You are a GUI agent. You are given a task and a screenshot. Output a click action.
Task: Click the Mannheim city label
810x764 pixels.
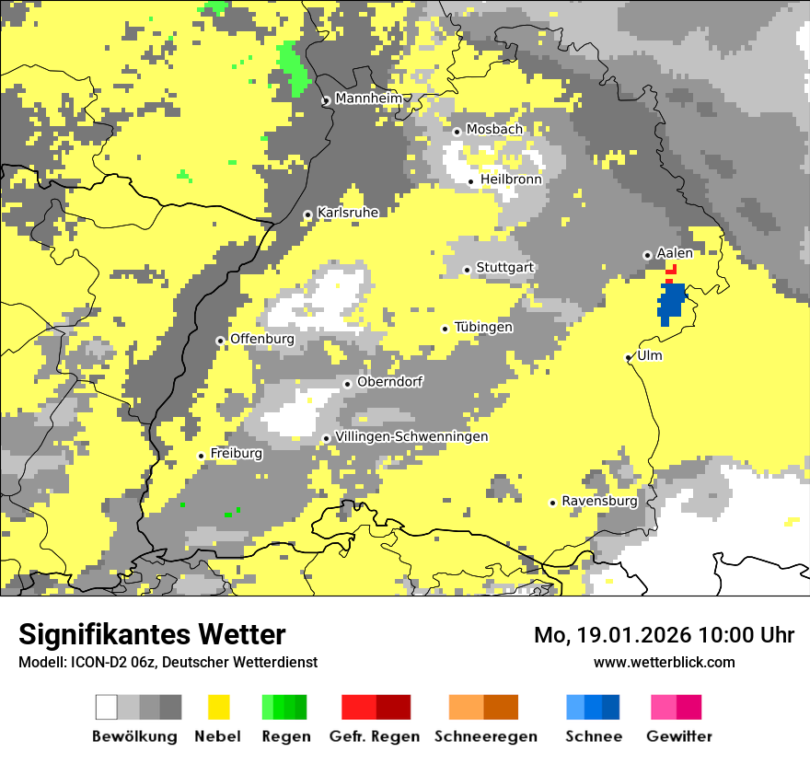tap(368, 98)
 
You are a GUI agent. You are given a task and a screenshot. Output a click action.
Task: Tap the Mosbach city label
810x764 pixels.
tap(494, 130)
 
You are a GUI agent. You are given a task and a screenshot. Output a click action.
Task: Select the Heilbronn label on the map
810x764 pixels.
tap(511, 179)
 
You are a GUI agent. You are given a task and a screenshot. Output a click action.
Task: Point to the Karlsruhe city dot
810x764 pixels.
tap(308, 215)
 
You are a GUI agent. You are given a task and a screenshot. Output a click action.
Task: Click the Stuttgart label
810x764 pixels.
tap(505, 268)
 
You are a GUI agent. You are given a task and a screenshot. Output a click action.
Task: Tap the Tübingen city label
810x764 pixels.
tap(483, 327)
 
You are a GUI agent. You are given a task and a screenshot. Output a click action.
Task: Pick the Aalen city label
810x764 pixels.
tap(675, 253)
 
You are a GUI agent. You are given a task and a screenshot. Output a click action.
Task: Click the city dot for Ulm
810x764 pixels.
tap(629, 358)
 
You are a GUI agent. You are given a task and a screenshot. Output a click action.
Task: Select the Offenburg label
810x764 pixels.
tap(262, 339)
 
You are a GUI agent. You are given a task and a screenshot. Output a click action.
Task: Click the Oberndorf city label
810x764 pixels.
tap(390, 382)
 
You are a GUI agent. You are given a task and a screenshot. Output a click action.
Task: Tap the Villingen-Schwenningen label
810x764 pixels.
tap(412, 436)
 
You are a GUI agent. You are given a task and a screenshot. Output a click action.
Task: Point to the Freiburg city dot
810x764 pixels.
tap(202, 456)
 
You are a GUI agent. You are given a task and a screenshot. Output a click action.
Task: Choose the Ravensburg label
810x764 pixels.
tap(599, 501)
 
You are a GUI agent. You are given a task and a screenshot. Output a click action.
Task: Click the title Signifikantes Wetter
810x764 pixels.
tap(152, 634)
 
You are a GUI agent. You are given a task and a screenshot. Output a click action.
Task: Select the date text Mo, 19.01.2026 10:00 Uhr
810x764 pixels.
tap(664, 635)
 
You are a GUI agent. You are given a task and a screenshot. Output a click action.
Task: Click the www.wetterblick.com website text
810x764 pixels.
tap(664, 662)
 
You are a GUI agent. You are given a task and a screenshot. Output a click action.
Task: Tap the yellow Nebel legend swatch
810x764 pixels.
tap(219, 707)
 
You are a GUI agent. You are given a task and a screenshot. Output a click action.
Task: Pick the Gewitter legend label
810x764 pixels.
tap(679, 736)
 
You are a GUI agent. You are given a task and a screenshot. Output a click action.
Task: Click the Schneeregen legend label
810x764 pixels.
tap(486, 736)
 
